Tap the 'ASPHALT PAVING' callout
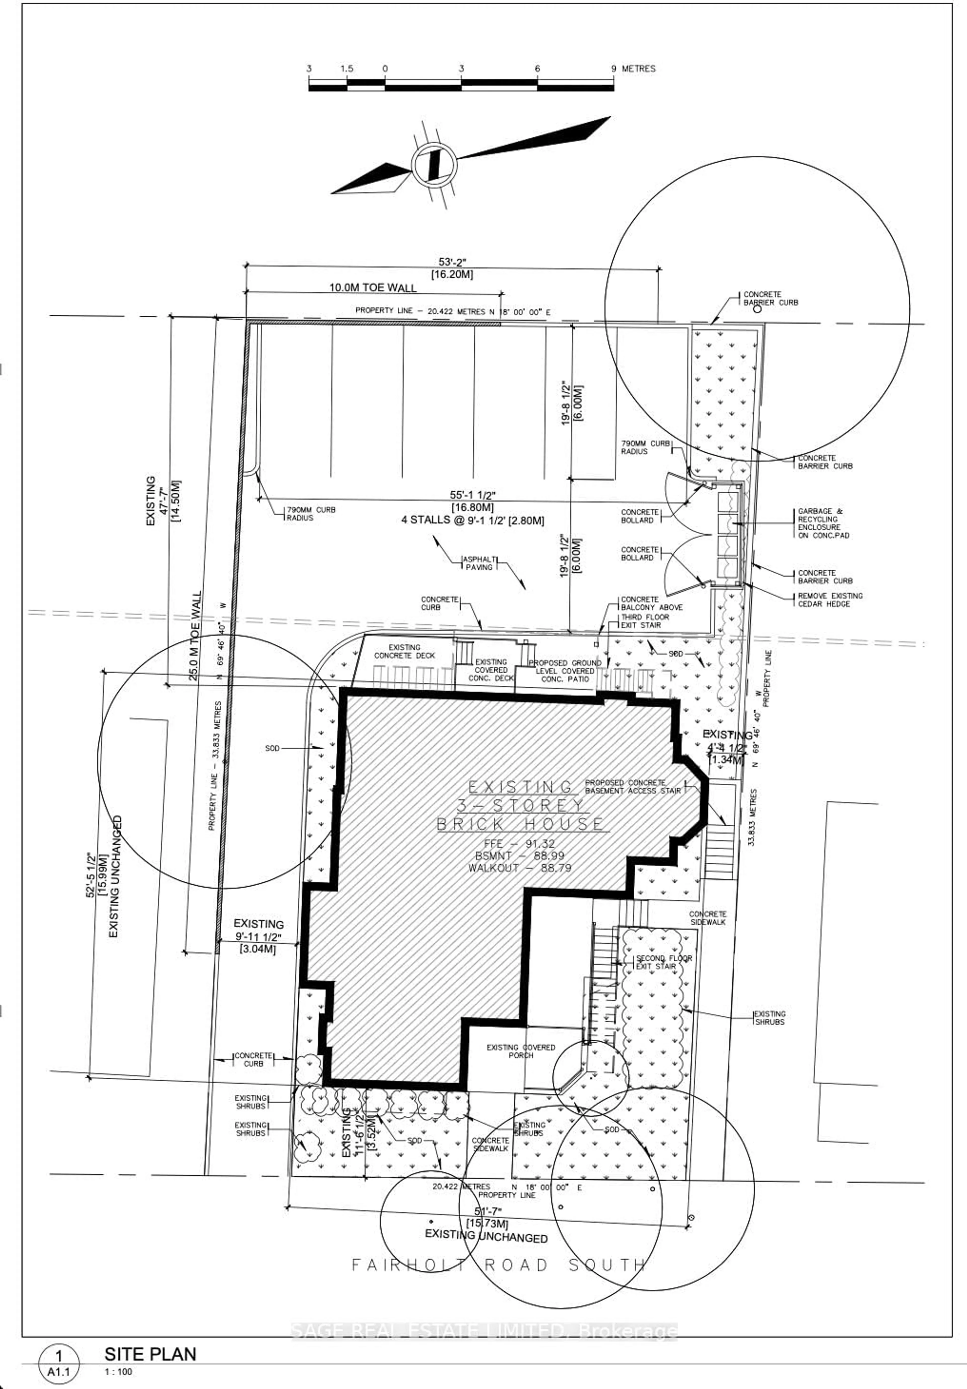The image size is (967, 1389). point(479,563)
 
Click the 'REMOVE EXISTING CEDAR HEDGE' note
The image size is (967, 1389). point(830,600)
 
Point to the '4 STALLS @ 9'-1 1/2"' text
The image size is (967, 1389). point(473,520)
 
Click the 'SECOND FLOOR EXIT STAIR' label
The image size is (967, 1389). point(663,962)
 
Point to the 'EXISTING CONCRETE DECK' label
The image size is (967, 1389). point(404,651)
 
